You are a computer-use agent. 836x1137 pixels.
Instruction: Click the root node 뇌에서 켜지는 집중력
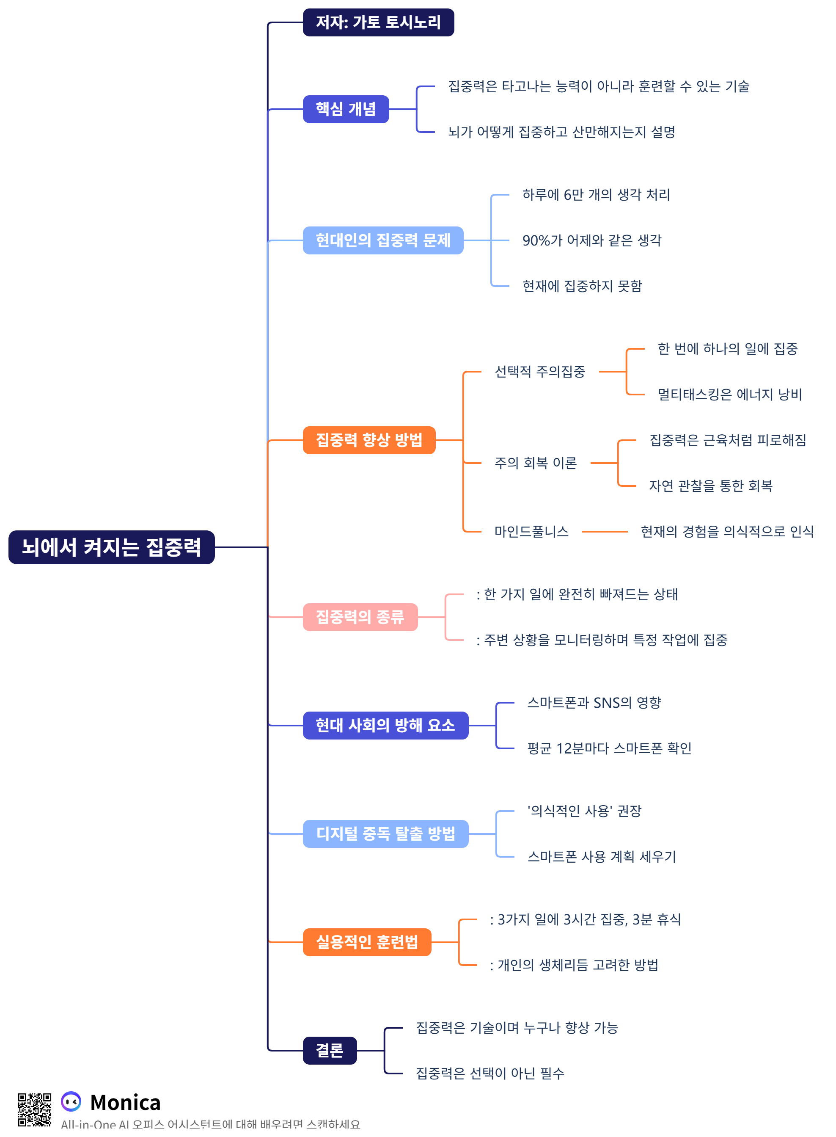click(x=111, y=547)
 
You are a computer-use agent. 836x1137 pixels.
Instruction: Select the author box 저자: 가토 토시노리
click(x=378, y=22)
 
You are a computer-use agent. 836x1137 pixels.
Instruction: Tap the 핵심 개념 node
click(x=346, y=109)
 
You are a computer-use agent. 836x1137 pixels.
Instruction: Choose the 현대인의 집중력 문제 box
click(x=382, y=240)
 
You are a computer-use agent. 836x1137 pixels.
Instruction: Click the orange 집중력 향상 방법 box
click(x=369, y=440)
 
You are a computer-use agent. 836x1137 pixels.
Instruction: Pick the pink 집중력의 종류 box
click(x=360, y=617)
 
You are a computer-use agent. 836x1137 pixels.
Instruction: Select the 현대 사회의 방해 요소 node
click(x=385, y=725)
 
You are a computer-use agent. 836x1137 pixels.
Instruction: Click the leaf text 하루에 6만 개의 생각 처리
click(x=596, y=195)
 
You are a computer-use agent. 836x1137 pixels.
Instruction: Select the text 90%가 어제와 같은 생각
click(x=591, y=240)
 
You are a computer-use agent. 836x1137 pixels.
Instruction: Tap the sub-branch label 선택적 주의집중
click(x=539, y=372)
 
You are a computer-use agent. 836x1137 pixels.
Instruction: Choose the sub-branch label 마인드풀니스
click(x=531, y=532)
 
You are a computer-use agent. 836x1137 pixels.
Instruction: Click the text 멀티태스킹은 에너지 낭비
click(x=729, y=395)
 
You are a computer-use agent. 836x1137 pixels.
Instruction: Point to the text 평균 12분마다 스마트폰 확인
click(x=609, y=748)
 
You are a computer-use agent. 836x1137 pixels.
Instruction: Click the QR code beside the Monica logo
click(x=34, y=1109)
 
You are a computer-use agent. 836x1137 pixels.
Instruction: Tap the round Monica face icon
click(x=71, y=1101)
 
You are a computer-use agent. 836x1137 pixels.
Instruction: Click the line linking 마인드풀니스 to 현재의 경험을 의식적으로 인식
click(x=604, y=532)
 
